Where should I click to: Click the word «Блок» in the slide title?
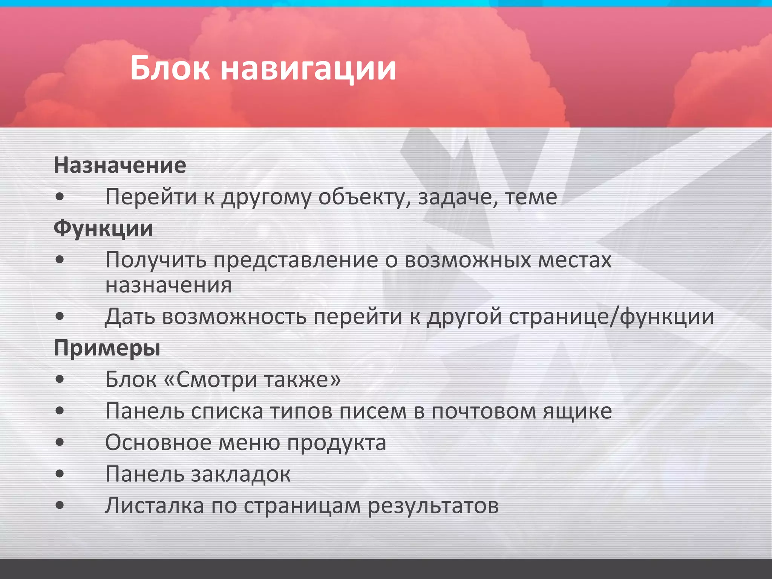(170, 68)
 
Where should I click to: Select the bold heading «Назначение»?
(120, 165)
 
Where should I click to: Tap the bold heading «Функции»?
(103, 228)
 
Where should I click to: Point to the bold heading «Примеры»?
(107, 348)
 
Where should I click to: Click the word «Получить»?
(156, 260)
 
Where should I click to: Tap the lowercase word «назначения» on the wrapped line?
(168, 285)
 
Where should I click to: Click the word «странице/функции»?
(611, 317)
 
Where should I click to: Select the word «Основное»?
(158, 443)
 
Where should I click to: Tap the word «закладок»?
(241, 474)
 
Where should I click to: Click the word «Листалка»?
(154, 505)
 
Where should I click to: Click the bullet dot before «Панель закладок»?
(60, 474)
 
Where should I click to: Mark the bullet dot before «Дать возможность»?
(60, 317)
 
